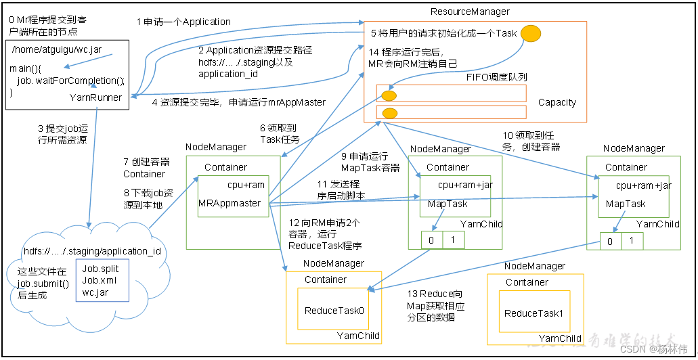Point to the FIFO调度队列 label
tap(496, 77)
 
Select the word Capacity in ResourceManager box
tap(557, 103)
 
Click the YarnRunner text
tap(95, 97)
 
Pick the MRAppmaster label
tap(230, 203)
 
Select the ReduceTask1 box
tap(533, 313)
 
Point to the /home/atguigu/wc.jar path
tap(48, 50)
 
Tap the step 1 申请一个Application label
tap(183, 22)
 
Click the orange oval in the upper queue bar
tap(389, 95)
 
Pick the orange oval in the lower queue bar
tap(390, 112)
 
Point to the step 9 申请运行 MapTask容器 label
tap(370, 162)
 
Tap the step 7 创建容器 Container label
tap(146, 168)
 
